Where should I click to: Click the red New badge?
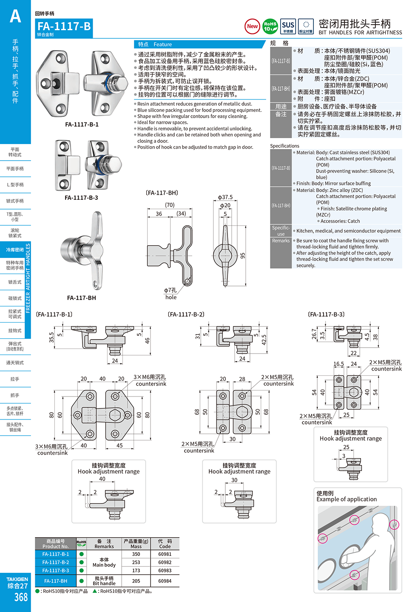[x=252, y=26]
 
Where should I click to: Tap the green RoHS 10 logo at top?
[x=270, y=26]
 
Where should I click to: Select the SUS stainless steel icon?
[x=288, y=26]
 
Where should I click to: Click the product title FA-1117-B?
[x=64, y=26]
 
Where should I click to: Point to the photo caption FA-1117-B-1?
[x=82, y=125]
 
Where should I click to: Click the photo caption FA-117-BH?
[x=81, y=298]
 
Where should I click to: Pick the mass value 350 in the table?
[x=136, y=554]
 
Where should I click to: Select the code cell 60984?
[x=165, y=581]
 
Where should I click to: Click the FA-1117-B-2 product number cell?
[x=55, y=562]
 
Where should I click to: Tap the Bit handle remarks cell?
[x=104, y=581]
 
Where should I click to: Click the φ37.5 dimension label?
[x=225, y=197]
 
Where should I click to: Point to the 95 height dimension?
[x=243, y=256]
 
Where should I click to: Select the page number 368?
[x=21, y=597]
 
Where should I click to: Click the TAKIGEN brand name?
[x=17, y=579]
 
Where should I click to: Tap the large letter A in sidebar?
[x=15, y=17]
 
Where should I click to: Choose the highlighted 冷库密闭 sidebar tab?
[x=15, y=250]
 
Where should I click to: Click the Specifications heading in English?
[x=284, y=146]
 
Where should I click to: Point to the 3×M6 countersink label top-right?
[x=150, y=380]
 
